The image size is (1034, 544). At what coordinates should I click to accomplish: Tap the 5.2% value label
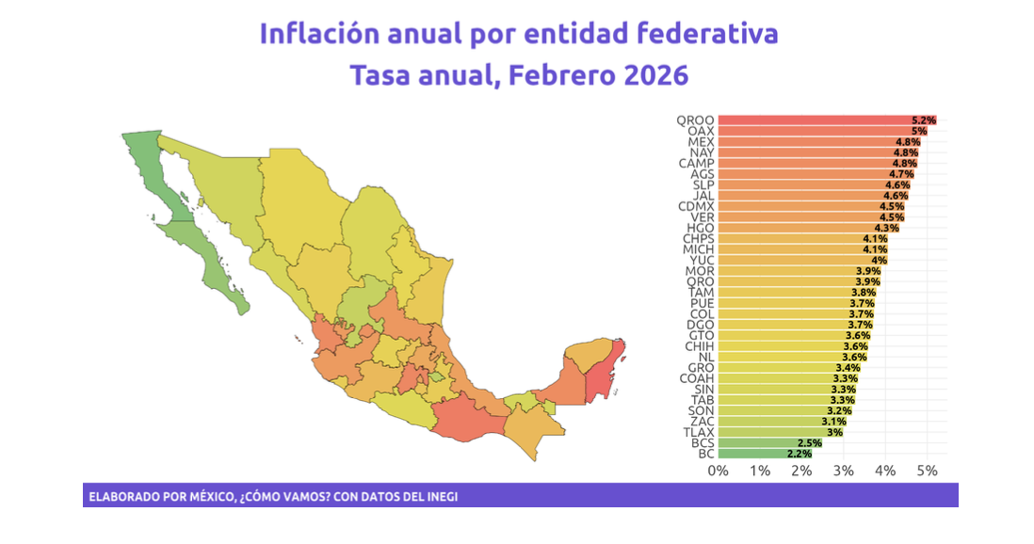(923, 120)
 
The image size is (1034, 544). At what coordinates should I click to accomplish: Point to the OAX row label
(701, 131)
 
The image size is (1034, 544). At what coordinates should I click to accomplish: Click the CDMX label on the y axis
(696, 206)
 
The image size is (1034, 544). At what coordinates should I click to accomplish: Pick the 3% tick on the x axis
(844, 471)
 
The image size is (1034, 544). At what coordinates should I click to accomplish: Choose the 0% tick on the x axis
(719, 471)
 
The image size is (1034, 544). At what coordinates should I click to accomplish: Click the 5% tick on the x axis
(927, 471)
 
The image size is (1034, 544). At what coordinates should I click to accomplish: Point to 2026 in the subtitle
(656, 73)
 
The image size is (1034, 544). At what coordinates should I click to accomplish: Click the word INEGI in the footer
(440, 496)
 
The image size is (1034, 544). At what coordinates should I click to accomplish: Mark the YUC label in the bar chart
(702, 260)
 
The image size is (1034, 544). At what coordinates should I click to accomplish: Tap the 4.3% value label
(885, 228)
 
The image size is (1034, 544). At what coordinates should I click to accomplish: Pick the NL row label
(705, 357)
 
